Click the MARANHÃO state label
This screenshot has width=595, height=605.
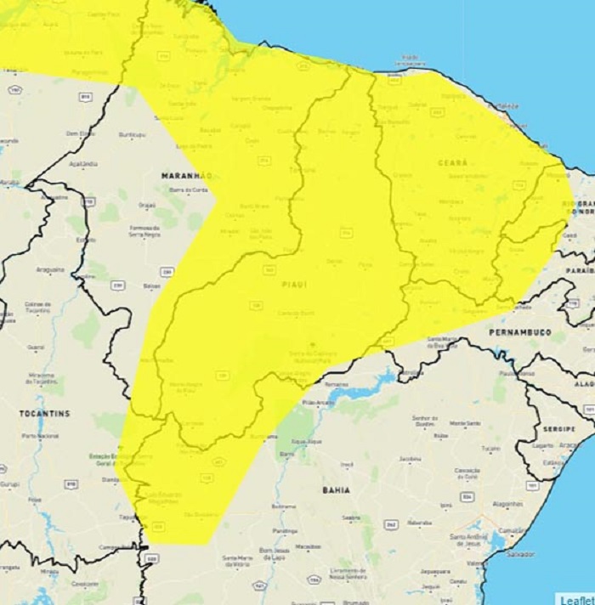[185, 175]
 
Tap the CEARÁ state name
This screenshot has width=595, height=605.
[453, 162]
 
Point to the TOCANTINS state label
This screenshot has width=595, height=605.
[44, 414]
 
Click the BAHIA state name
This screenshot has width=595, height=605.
[337, 490]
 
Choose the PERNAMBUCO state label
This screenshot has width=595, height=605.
[519, 332]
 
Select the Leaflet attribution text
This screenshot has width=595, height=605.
[575, 599]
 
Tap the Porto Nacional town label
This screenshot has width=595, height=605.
[41, 436]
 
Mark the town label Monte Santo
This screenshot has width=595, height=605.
[465, 423]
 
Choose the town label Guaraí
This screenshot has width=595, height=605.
[36, 347]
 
